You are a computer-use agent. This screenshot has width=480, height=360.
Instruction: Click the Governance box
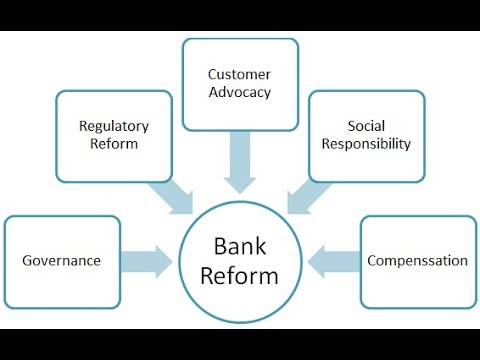tap(62, 261)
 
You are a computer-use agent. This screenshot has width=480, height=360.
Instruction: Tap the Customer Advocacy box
tap(240, 84)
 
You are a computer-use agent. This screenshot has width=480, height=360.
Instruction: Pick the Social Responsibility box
tap(366, 136)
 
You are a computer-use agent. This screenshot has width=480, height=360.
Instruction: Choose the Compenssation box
tap(417, 261)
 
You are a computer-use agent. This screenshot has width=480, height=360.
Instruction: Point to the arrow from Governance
tap(147, 262)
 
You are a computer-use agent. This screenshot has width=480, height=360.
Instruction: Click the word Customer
tap(240, 74)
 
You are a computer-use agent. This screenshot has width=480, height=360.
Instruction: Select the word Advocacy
tap(240, 93)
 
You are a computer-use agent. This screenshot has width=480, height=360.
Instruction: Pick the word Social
tap(367, 126)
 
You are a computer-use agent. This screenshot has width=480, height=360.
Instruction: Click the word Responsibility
tap(367, 144)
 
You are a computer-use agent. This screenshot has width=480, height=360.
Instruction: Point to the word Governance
tap(62, 261)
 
